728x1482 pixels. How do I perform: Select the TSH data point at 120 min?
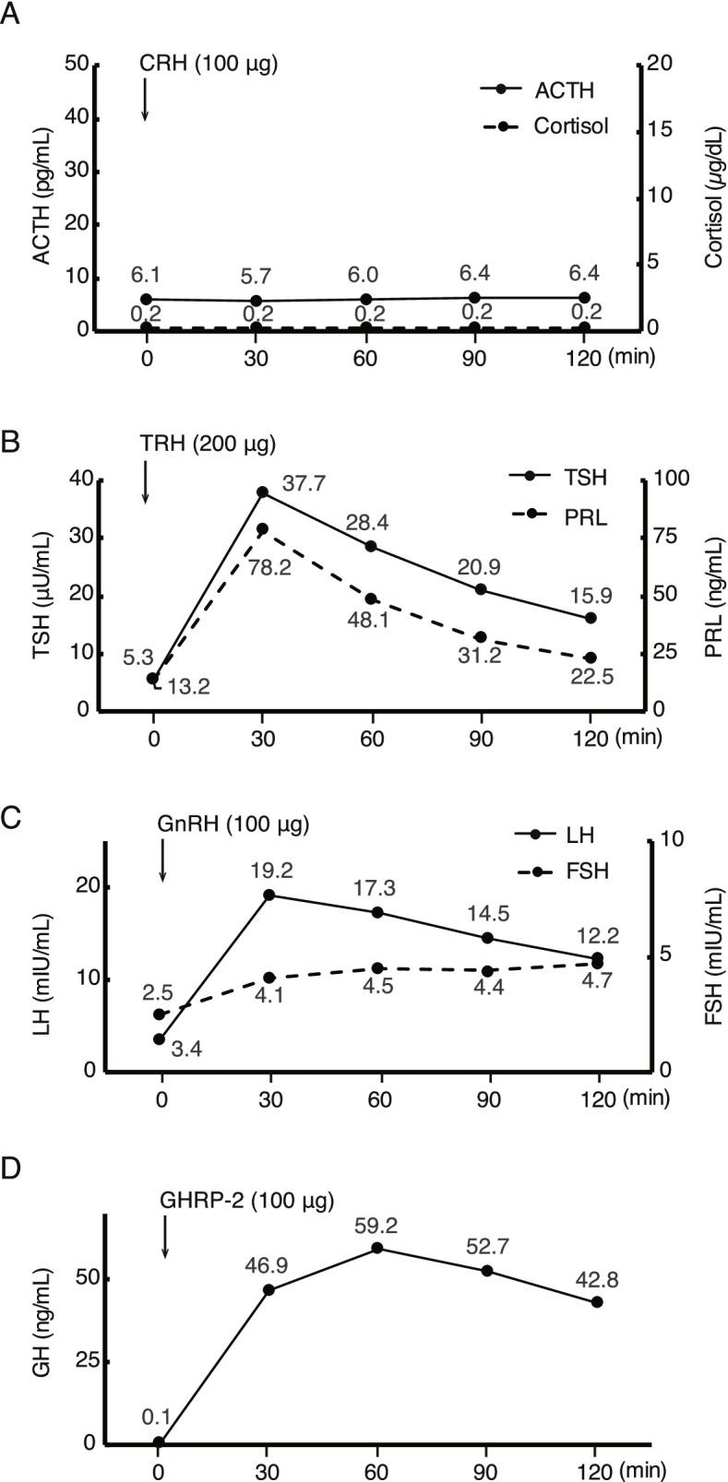(x=591, y=618)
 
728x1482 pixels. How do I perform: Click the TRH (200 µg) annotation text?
(x=208, y=444)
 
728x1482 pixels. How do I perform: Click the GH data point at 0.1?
(x=159, y=1442)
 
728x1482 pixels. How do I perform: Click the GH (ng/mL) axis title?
(x=40, y=1333)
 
